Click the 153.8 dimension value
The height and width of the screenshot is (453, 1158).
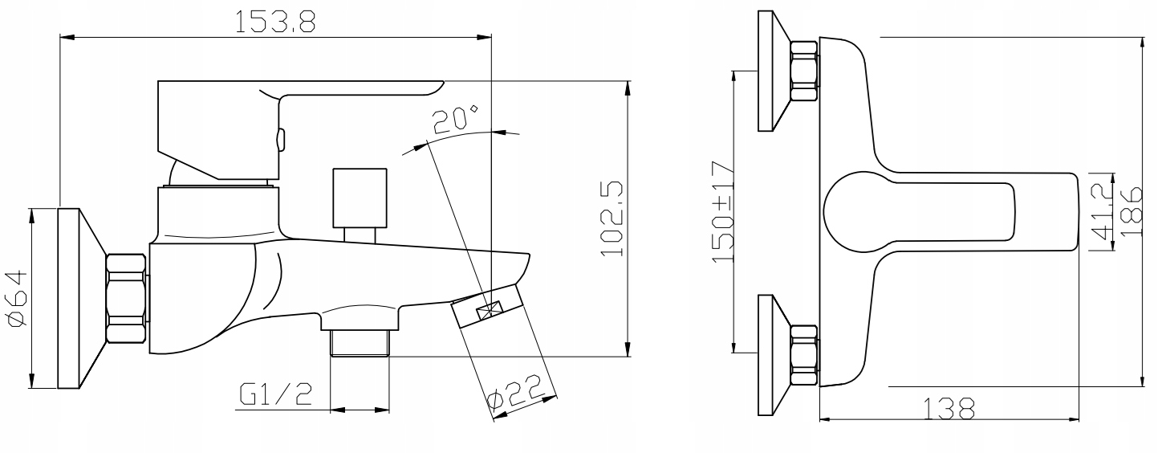(x=275, y=22)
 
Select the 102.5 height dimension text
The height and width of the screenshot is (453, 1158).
(x=612, y=218)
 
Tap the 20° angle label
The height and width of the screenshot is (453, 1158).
(x=455, y=120)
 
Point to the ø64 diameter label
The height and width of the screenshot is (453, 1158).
(x=18, y=299)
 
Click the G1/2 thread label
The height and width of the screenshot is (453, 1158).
(x=276, y=394)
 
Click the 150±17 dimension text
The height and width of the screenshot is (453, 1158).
(x=723, y=212)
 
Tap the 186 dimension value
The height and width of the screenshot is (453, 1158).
(x=1132, y=212)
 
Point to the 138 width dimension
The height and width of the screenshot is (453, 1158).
(x=948, y=409)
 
